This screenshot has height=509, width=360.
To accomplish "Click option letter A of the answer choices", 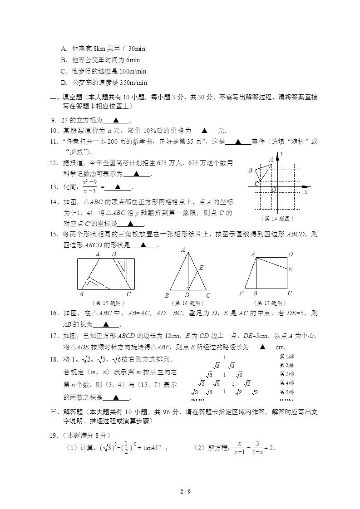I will pyautogui.click(x=63, y=49).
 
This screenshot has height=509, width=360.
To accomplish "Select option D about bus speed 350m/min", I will pyautogui.click(x=104, y=83).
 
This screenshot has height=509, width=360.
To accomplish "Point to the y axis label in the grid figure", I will pyautogui.click(x=282, y=154).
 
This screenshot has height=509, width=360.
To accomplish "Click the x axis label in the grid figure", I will pyautogui.click(x=306, y=192).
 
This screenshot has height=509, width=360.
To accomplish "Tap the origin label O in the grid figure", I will pyautogui.click(x=274, y=190).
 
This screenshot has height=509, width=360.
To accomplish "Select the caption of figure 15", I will pyautogui.click(x=108, y=303).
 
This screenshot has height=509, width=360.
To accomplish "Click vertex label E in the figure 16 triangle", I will pyautogui.click(x=201, y=268).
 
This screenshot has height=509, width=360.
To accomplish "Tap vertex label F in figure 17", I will pyautogui.click(x=242, y=294).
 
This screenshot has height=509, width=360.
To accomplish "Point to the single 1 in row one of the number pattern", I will pyautogui.click(x=224, y=357).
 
